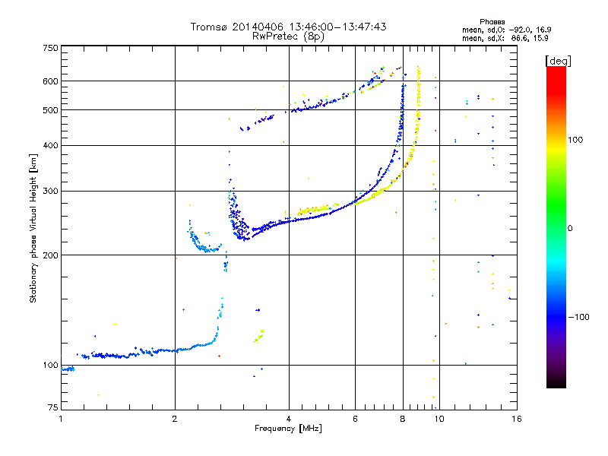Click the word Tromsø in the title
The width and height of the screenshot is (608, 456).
(209, 27)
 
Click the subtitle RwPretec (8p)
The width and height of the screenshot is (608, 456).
(289, 36)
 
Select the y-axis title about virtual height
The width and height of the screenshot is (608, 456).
(33, 228)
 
